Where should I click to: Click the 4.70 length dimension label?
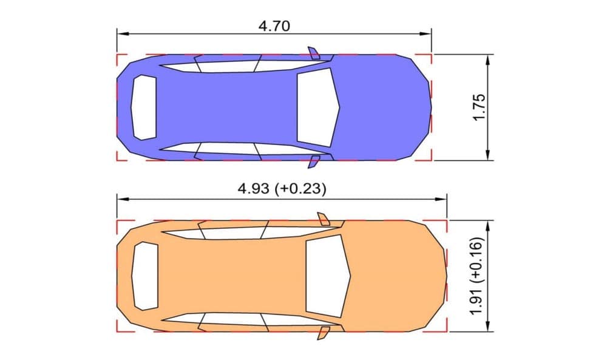274,26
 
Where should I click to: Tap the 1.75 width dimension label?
480,107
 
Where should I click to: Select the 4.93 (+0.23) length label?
282,189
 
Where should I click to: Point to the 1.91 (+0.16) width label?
477,276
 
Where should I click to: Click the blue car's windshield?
317,107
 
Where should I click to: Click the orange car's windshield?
327,276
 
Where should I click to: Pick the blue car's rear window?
144,107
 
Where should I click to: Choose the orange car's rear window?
145,276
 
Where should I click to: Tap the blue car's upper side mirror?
314,53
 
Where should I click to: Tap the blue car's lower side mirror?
314,162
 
